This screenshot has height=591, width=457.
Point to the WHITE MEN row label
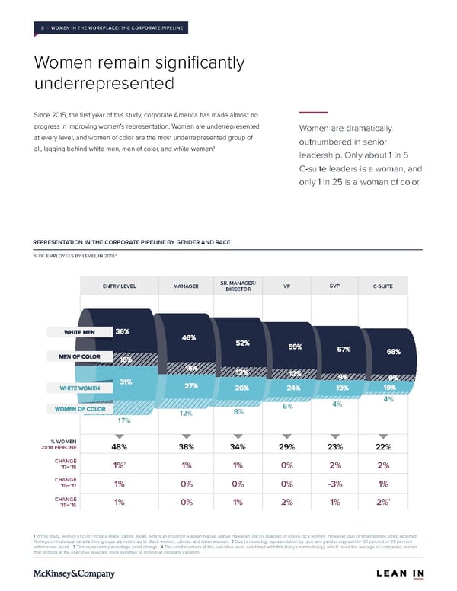click(x=79, y=332)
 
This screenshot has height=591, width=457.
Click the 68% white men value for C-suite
click(x=394, y=352)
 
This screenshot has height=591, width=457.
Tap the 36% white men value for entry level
click(x=122, y=331)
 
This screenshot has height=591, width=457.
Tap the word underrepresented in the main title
click(x=104, y=82)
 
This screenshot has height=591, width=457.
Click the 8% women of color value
click(x=238, y=412)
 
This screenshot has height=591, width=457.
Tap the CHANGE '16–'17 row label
click(x=63, y=482)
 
